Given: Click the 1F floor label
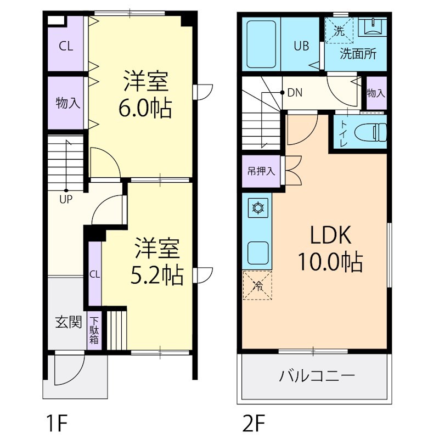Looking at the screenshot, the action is pyautogui.click(x=57, y=423).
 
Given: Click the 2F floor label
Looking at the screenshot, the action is pyautogui.click(x=254, y=423).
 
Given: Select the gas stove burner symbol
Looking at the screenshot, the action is pyautogui.click(x=260, y=208).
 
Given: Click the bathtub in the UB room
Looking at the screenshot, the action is pyautogui.click(x=261, y=44).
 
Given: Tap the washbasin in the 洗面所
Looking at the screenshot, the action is pyautogui.click(x=373, y=27).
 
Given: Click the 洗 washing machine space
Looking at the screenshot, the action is pyautogui.click(x=339, y=30).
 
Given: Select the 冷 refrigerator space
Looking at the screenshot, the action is pyautogui.click(x=257, y=285).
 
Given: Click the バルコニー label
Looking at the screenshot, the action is pyautogui.click(x=317, y=376).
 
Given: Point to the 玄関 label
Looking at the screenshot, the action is pyautogui.click(x=68, y=322).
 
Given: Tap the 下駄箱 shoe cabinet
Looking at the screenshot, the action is pyautogui.click(x=94, y=331).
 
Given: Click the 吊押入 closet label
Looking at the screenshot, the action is pyautogui.click(x=261, y=171).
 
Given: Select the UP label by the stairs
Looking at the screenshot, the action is pyautogui.click(x=66, y=199).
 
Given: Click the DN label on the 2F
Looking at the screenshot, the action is pyautogui.click(x=295, y=93).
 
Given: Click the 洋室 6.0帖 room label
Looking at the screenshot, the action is pyautogui.click(x=145, y=94).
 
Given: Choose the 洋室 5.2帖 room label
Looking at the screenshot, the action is pyautogui.click(x=157, y=261).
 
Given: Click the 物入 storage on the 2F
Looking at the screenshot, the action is pyautogui.click(x=376, y=93).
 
